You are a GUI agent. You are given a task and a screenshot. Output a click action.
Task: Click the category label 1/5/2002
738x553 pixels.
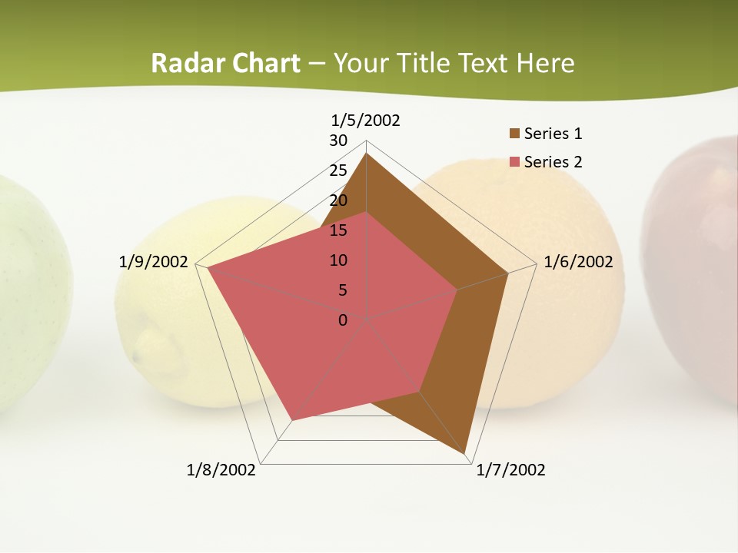click(365, 120)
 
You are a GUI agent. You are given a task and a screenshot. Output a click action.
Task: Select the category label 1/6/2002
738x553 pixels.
click(578, 262)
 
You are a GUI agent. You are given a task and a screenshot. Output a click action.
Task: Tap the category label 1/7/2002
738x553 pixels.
click(510, 470)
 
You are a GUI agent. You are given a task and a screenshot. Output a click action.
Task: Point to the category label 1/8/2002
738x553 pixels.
click(221, 470)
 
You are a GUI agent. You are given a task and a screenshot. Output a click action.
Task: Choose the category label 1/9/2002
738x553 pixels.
click(153, 262)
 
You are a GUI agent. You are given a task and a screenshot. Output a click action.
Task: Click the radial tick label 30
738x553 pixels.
click(338, 141)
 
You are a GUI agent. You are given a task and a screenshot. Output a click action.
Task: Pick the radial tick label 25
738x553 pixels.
click(338, 171)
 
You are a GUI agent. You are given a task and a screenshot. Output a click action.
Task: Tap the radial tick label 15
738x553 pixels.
click(338, 230)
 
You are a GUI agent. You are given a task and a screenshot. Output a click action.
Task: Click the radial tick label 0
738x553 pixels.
click(343, 320)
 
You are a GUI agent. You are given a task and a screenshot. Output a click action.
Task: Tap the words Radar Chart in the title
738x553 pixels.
click(225, 63)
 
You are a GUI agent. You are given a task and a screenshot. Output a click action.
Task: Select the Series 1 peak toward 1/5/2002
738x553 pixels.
click(367, 154)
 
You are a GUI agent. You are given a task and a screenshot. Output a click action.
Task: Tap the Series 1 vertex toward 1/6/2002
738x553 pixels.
click(508, 273)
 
